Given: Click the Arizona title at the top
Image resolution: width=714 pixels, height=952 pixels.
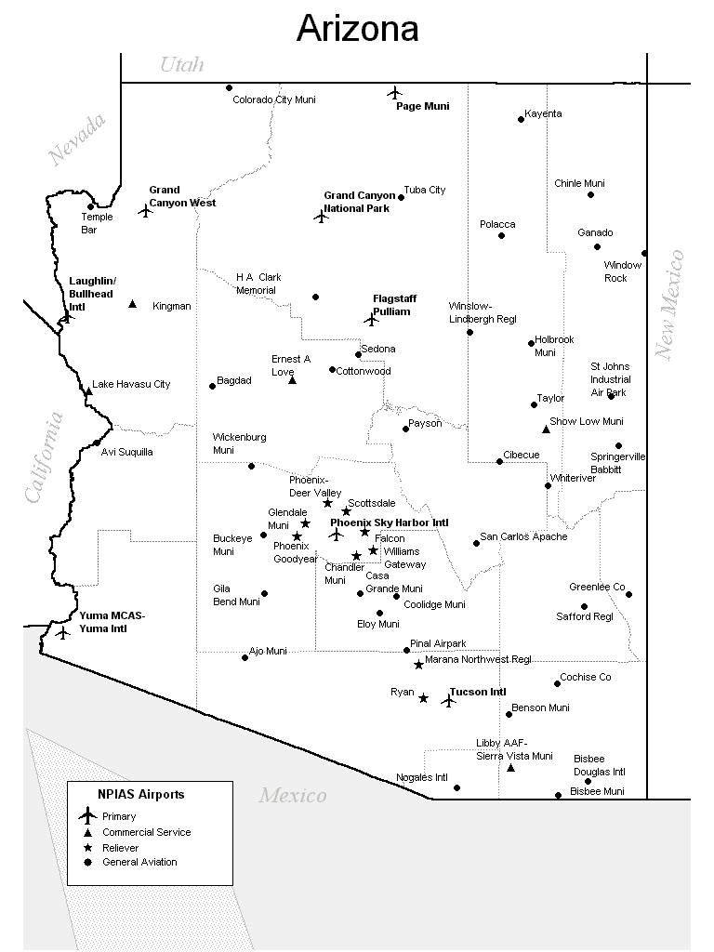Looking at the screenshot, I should click(x=357, y=30).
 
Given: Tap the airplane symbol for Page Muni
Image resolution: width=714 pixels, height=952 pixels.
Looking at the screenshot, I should click(x=395, y=92).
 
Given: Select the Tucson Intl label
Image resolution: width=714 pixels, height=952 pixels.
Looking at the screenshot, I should click(x=478, y=693).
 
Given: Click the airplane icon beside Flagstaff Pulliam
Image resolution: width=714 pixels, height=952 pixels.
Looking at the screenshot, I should click(x=372, y=319).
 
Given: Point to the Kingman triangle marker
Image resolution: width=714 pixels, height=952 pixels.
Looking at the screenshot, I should click(x=132, y=304).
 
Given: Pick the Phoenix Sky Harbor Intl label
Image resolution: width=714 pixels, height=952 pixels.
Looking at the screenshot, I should click(x=389, y=523).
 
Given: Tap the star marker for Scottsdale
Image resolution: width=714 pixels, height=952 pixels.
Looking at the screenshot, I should click(x=346, y=511).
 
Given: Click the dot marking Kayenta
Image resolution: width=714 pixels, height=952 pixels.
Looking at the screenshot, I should click(x=521, y=119).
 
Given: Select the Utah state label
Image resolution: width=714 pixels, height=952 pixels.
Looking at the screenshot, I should click(x=181, y=64).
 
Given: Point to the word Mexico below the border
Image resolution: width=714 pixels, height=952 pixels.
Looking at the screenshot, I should click(x=292, y=796).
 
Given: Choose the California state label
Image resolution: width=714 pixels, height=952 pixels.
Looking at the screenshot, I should click(x=44, y=457).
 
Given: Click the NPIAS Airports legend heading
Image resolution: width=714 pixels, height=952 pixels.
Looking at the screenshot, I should click(x=141, y=795).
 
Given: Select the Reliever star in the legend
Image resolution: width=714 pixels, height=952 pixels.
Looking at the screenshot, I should click(x=87, y=848).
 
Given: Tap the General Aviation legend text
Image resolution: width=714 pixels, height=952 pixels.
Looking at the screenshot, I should click(x=139, y=863).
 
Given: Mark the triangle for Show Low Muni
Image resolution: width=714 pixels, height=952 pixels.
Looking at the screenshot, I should click(x=546, y=429).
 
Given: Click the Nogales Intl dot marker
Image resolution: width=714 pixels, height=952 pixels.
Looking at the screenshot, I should click(x=456, y=788).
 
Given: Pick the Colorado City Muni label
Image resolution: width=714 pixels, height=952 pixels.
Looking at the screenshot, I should click(x=274, y=99).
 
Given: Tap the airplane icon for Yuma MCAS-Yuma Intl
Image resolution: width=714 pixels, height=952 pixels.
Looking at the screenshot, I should click(x=62, y=633).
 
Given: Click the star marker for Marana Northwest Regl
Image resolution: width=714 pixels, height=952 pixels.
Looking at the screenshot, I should click(x=418, y=665).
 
